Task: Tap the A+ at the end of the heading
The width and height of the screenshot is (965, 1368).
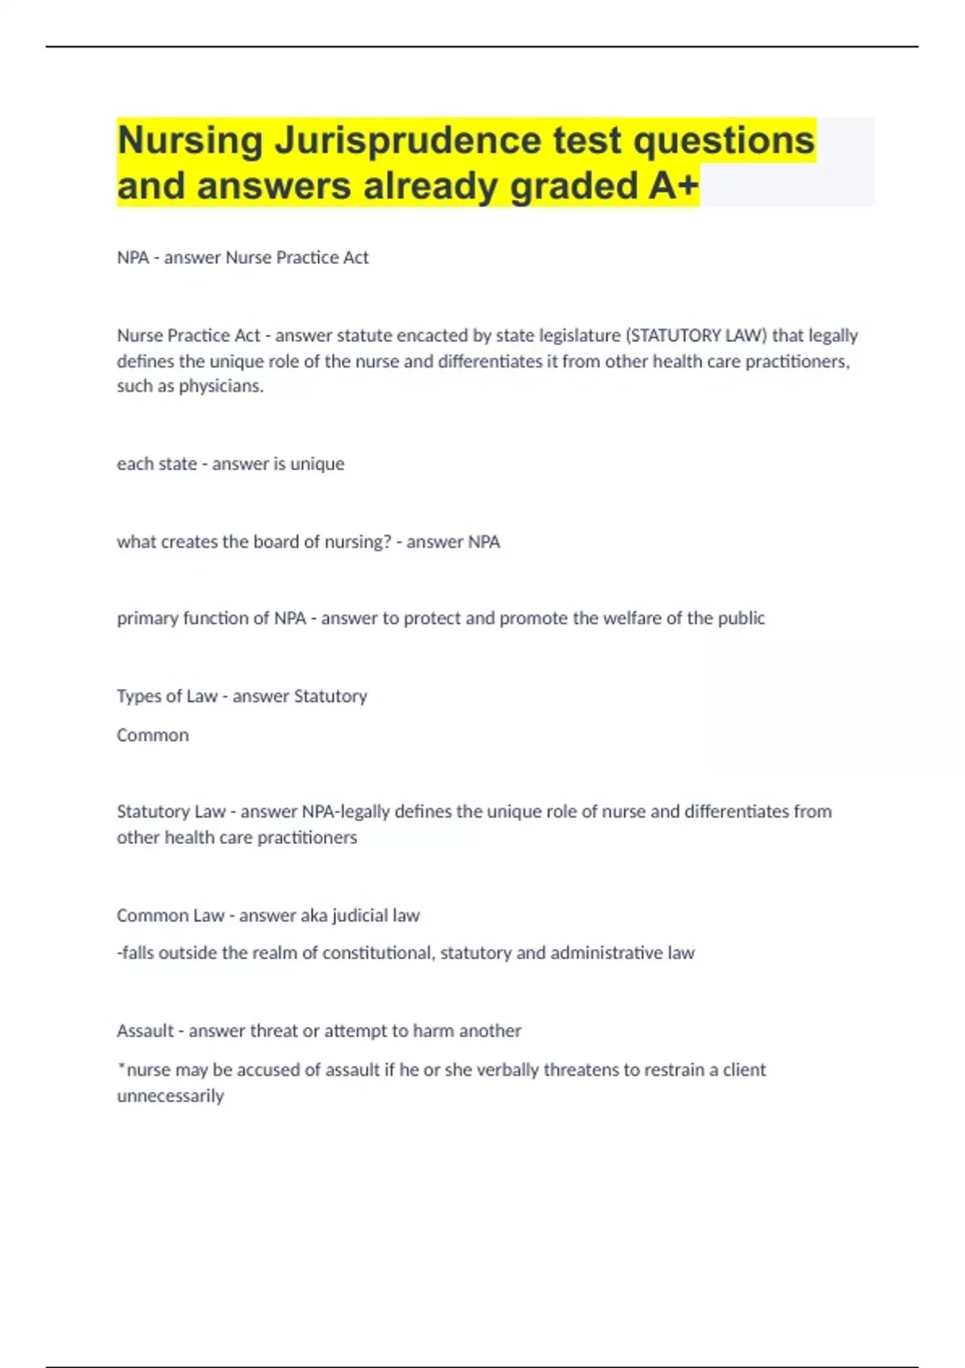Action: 674,186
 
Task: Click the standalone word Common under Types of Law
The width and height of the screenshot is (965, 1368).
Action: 153,736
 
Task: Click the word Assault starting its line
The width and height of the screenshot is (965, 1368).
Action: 145,1031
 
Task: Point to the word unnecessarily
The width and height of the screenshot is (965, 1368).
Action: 170,1096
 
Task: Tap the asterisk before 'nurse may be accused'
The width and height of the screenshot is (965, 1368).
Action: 121,1068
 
